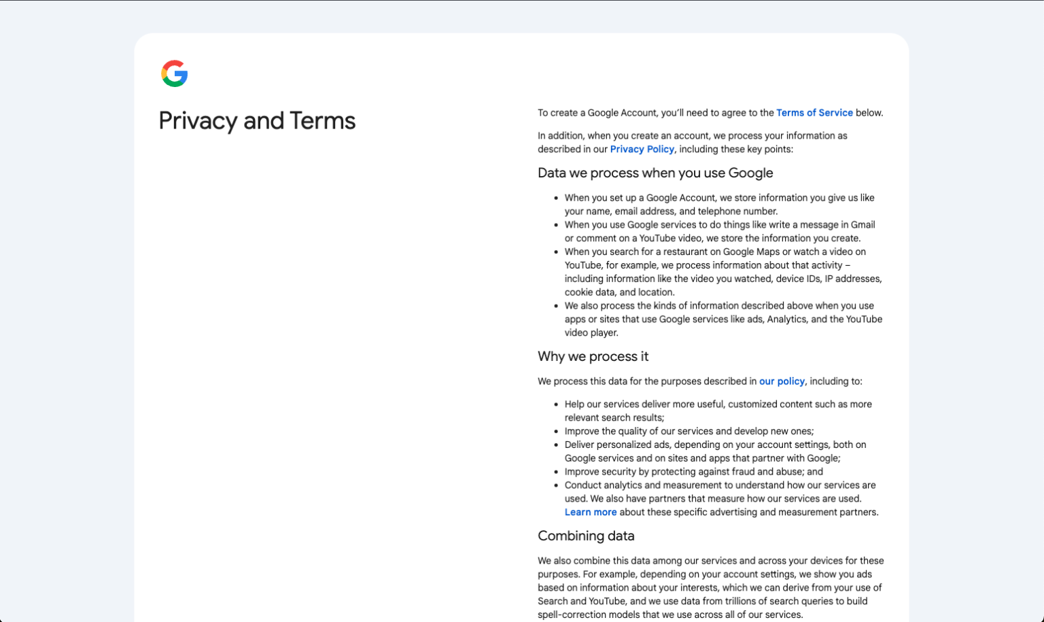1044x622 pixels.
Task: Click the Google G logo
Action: pos(175,73)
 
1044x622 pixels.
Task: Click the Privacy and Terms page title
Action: pos(257,121)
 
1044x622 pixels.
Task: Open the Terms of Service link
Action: pos(814,113)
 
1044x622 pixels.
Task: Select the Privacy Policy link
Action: pos(642,150)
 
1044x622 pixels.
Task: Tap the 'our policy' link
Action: pos(782,381)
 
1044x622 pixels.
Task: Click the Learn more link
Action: pos(591,513)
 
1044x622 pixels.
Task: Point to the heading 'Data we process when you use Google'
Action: pos(655,173)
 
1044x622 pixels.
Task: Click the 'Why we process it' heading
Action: pos(593,356)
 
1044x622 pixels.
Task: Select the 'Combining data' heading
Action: pos(586,536)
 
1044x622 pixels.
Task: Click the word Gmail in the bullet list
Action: pos(863,225)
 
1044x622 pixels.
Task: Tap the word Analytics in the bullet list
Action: pos(786,319)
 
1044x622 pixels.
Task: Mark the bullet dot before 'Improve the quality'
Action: pos(557,432)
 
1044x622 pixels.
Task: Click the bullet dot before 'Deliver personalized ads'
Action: pos(557,445)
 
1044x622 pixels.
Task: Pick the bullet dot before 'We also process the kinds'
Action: pos(557,307)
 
